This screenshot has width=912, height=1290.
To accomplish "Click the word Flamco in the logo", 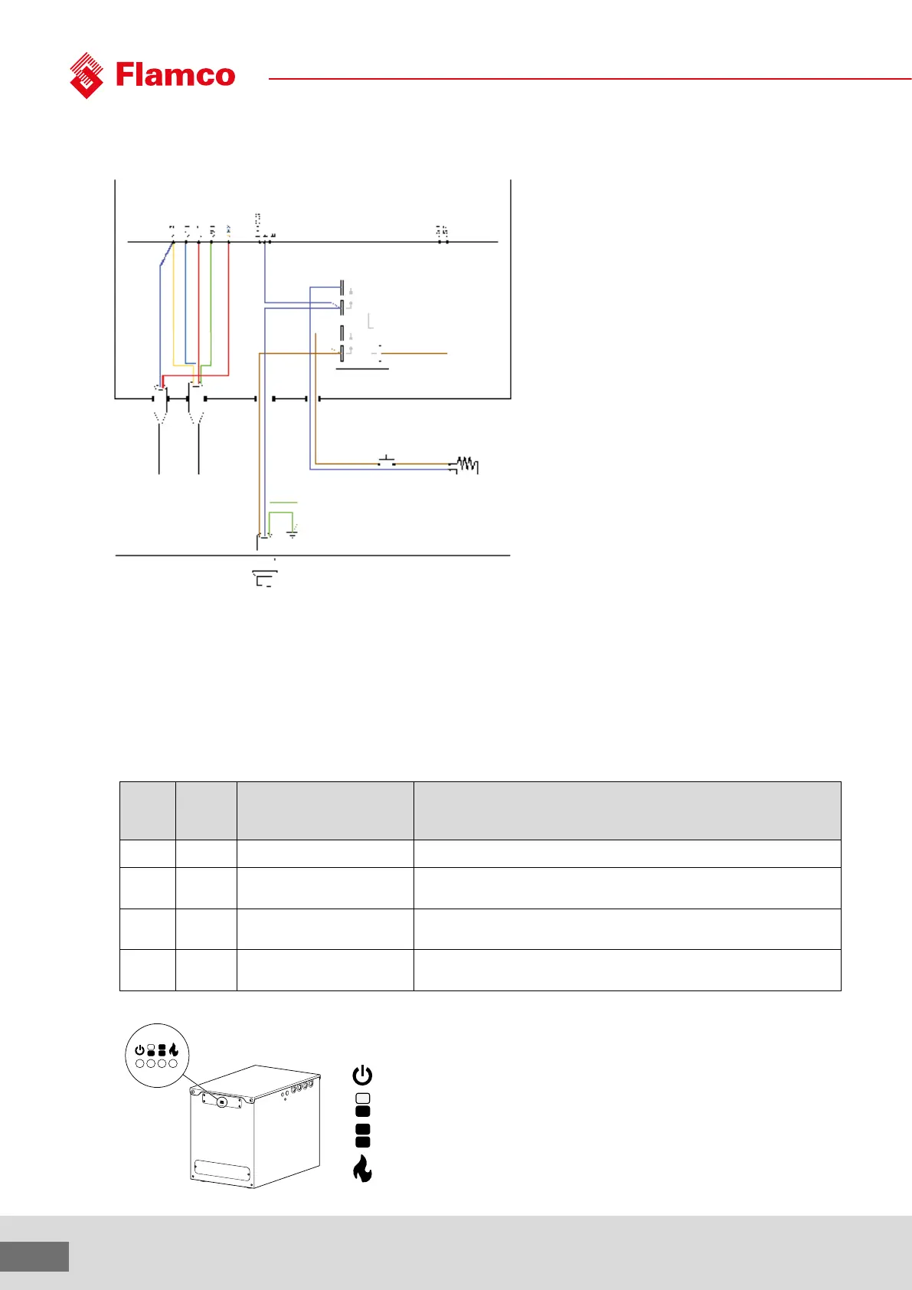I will [x=175, y=75].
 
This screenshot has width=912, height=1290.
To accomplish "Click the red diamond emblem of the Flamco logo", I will [x=87, y=75].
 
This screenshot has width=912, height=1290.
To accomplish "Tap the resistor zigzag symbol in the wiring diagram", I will [x=466, y=464].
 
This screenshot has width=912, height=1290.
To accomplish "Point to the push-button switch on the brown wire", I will [x=387, y=461].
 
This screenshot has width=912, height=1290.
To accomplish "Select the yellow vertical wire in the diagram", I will [x=174, y=306].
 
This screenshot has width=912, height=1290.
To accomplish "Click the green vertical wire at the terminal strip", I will [x=211, y=306].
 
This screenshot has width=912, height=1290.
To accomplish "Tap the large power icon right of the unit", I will [x=362, y=1076].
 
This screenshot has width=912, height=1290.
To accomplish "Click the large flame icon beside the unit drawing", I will [x=362, y=1169].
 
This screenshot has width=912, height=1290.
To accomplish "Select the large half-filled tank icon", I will [x=363, y=1105].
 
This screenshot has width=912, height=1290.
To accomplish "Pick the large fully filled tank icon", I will [x=363, y=1135].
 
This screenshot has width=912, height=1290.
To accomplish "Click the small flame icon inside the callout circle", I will [x=174, y=1050].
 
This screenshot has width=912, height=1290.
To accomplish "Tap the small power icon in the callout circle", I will [x=139, y=1050].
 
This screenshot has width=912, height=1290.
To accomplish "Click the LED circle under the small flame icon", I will [x=173, y=1063].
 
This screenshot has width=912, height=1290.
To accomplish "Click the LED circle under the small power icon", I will [x=140, y=1063].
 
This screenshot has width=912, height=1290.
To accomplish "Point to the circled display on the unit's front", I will [x=221, y=1102].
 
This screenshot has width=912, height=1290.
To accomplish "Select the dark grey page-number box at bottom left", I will [x=34, y=1256].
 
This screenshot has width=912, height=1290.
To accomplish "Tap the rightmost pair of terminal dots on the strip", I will [x=442, y=241].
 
